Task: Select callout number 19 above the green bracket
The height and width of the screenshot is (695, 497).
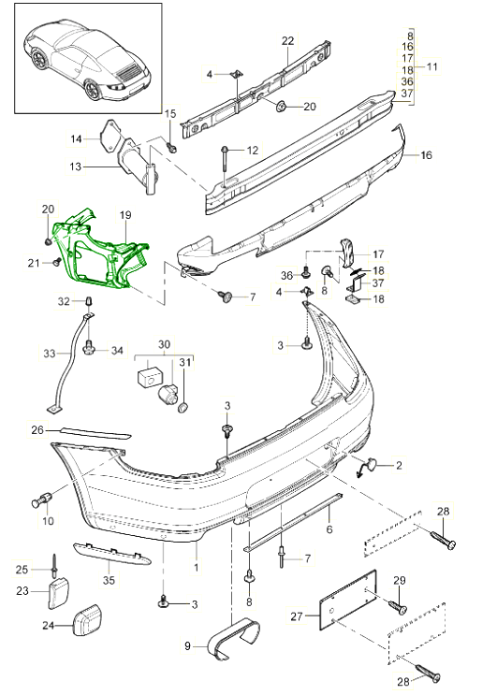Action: (125, 215)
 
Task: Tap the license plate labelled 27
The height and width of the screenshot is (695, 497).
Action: (348, 599)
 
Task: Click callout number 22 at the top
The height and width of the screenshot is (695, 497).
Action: (287, 41)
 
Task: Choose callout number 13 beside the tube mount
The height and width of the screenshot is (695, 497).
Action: (76, 167)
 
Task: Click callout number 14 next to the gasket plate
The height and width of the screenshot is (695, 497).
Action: (76, 139)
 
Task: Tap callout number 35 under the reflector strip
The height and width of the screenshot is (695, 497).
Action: (109, 580)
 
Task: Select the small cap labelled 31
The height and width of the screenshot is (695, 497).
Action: (183, 407)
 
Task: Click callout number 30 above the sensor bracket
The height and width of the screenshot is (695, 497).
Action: (164, 344)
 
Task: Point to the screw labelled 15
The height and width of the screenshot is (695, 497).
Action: (171, 145)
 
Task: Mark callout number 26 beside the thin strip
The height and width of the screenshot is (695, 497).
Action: (37, 429)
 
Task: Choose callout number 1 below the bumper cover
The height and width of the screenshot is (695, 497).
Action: (196, 567)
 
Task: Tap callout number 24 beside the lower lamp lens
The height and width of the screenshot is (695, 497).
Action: (49, 626)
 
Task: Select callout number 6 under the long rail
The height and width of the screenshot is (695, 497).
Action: (329, 528)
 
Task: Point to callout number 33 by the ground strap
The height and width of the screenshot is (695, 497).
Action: (50, 354)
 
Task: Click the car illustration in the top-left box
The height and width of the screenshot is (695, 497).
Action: (89, 60)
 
